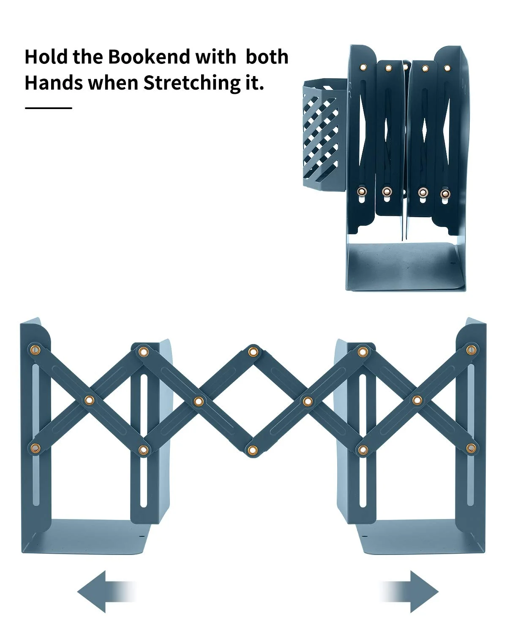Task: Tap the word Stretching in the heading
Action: point(191,83)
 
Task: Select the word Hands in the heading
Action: point(54,83)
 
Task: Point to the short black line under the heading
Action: point(49,108)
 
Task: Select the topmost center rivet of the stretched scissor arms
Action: point(253,352)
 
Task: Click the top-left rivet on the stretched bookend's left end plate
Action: point(35,350)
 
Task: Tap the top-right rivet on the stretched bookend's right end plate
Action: point(471,350)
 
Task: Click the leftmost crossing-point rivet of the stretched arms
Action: point(89,400)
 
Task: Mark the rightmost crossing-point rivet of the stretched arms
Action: point(417,400)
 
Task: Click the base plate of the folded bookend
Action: point(405,267)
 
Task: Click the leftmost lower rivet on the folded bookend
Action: point(363,191)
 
